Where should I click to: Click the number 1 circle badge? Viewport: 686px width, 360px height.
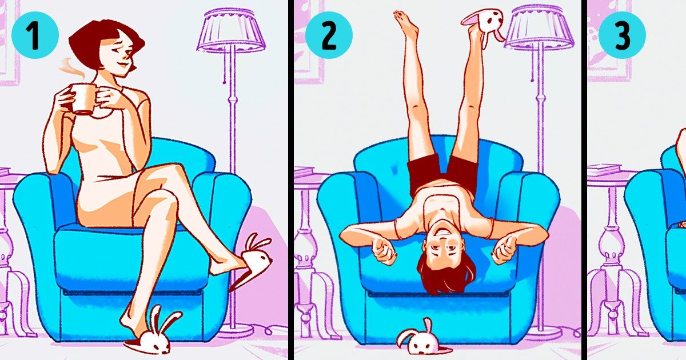tap(35, 35)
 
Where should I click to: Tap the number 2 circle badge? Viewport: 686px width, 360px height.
tap(329, 35)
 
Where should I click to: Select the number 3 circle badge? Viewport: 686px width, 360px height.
tap(622, 35)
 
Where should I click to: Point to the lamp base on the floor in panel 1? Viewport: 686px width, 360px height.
tap(237, 330)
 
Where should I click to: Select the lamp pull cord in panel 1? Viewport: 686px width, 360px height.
tap(225, 66)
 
